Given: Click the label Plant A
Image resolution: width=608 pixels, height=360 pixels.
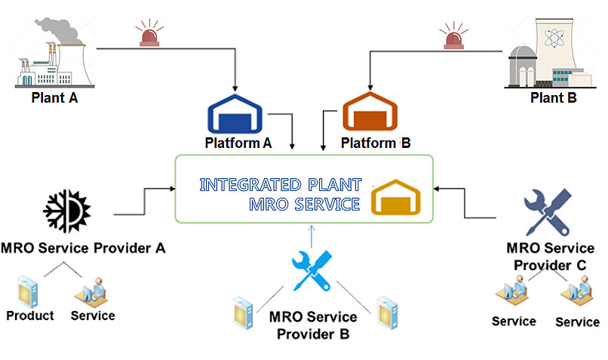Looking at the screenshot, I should click(54, 97).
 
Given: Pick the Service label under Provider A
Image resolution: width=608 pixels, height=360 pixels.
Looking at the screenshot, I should click(92, 315).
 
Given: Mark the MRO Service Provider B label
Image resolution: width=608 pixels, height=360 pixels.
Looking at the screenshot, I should click(312, 325).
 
